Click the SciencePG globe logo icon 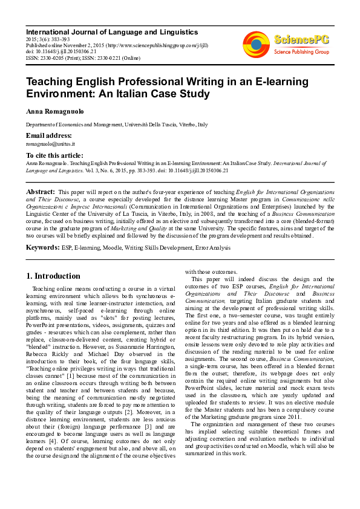pyautogui.click(x=256, y=44)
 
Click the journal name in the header pyautogui.click(x=112, y=31)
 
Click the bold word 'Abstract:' pyautogui.click(x=41, y=191)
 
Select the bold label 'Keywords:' pyautogui.click(x=42, y=247)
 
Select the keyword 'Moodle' pyautogui.click(x=110, y=247)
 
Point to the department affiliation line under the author pyautogui.click(x=117, y=125)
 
